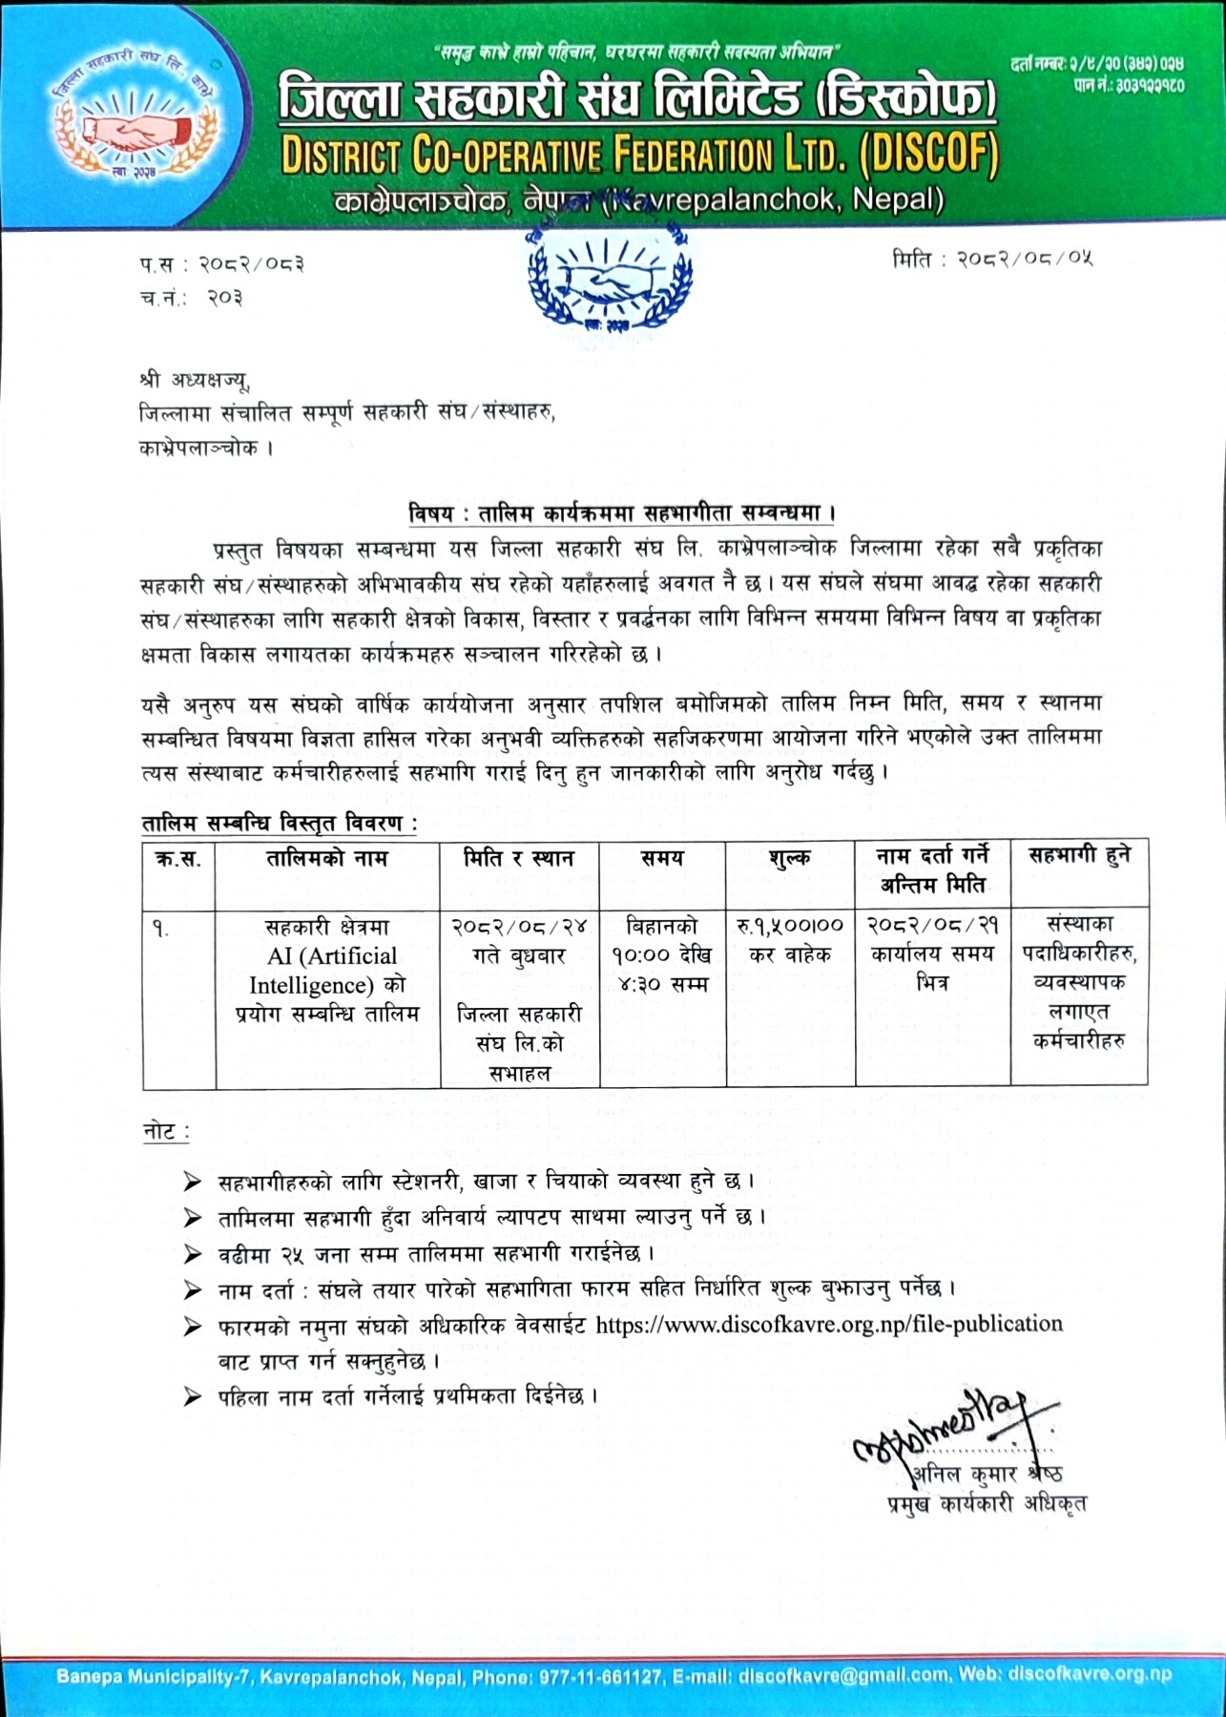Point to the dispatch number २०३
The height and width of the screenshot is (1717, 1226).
tap(225, 298)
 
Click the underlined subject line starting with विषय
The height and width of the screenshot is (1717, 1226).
tap(622, 513)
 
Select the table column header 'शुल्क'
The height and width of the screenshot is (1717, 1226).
tap(790, 858)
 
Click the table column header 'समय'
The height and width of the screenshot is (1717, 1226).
tap(662, 858)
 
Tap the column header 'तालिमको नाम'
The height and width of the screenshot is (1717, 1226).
tap(327, 858)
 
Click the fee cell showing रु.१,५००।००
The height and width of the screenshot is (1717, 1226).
tap(790, 925)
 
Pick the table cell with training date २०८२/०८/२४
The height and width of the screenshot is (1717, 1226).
tap(519, 926)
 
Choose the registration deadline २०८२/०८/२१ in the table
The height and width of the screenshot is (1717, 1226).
tap(932, 925)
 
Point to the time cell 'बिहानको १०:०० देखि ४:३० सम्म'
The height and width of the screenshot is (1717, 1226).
tap(662, 954)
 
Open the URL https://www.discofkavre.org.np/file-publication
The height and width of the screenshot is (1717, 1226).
tap(828, 1325)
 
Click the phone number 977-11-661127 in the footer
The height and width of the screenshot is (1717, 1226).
tap(602, 1675)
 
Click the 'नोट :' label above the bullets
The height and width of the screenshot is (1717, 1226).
tap(166, 1132)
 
